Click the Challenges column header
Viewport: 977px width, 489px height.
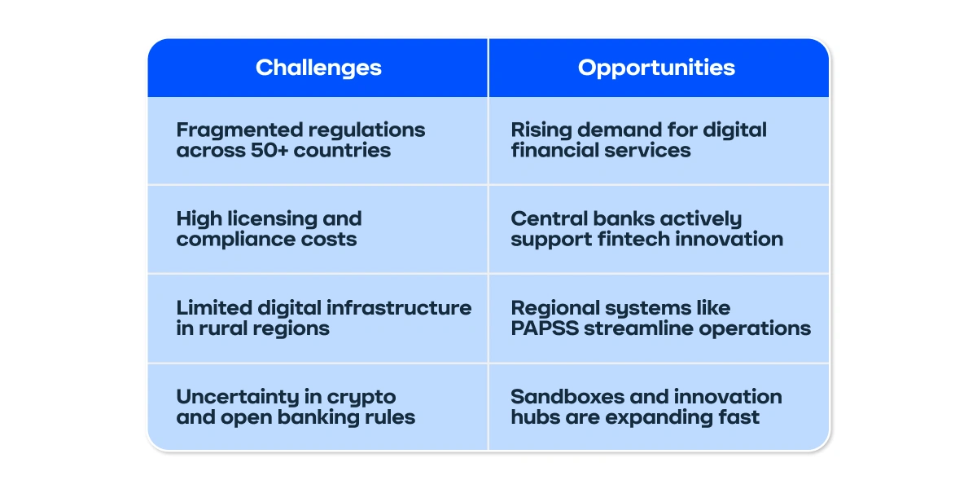[318, 68]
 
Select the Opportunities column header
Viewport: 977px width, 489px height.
[656, 68]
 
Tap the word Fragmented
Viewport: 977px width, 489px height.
[239, 130]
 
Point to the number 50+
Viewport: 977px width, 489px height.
[269, 150]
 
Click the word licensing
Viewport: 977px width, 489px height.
[273, 219]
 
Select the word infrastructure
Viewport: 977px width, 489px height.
[399, 308]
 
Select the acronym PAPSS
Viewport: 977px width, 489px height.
[545, 328]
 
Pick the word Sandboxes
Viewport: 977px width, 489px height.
[567, 397]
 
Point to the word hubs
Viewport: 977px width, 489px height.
[536, 417]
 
